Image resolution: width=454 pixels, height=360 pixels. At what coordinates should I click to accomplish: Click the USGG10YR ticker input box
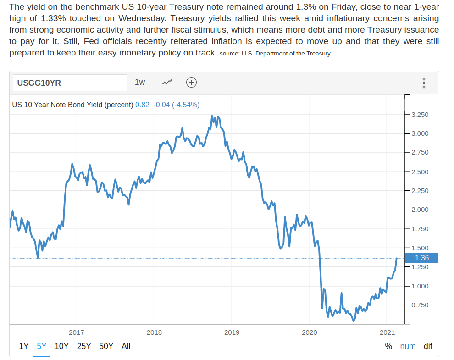tap(69, 83)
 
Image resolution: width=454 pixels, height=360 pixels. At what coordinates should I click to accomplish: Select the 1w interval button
tap(140, 82)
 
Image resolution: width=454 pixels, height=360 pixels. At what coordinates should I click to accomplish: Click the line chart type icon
tap(167, 83)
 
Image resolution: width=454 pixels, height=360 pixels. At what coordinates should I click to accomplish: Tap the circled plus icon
tap(191, 83)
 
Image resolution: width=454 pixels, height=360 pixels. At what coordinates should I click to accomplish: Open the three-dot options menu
tap(424, 83)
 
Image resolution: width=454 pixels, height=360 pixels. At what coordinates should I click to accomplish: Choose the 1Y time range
tap(24, 346)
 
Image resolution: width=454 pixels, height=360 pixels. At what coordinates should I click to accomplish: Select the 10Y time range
tap(61, 346)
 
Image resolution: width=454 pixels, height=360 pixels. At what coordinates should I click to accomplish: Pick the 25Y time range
tap(84, 346)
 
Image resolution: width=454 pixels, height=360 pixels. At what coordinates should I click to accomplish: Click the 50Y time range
tap(106, 346)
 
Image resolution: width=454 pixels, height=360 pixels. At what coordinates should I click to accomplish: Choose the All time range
tap(126, 346)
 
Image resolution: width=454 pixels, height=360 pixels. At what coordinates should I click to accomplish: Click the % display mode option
tap(388, 346)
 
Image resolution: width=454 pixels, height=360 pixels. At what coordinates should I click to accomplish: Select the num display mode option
tap(408, 346)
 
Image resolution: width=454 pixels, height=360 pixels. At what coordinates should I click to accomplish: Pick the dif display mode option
tap(428, 346)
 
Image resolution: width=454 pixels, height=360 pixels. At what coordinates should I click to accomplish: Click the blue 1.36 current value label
tap(421, 258)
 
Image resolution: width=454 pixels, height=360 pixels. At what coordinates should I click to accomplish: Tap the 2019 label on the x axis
tap(232, 332)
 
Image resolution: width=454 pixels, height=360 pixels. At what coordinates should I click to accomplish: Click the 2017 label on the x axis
tap(76, 332)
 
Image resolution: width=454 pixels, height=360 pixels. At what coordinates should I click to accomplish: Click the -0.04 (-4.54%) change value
tap(176, 105)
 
